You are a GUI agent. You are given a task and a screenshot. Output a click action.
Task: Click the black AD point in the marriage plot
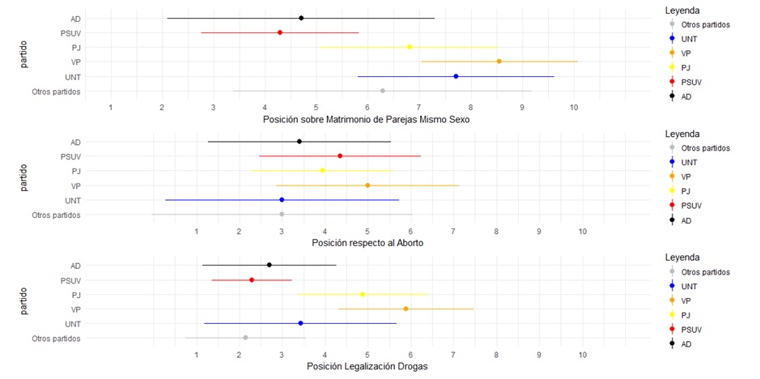pyautogui.click(x=301, y=18)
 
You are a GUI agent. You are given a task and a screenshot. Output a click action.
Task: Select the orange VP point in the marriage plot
pyautogui.click(x=499, y=62)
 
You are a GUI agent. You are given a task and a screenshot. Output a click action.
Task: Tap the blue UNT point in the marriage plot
pyautogui.click(x=456, y=76)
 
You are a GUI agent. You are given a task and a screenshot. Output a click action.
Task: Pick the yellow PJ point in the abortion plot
pyautogui.click(x=322, y=170)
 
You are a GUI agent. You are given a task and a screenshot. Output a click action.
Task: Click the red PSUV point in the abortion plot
pyautogui.click(x=340, y=155)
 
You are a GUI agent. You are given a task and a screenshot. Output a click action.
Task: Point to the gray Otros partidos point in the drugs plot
pyautogui.click(x=245, y=338)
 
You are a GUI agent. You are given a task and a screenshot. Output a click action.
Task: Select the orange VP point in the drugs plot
pyautogui.click(x=405, y=309)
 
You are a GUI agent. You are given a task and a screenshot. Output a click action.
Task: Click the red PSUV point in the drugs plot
pyautogui.click(x=252, y=280)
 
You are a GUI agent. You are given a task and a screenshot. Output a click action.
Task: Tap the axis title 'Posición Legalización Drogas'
pyautogui.click(x=367, y=366)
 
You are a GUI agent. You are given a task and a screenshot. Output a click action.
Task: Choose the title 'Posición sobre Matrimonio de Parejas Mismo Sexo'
pyautogui.click(x=367, y=119)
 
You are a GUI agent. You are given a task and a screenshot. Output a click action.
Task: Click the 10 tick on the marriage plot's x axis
pyautogui.click(x=574, y=107)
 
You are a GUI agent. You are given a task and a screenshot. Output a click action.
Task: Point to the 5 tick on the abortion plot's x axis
pyautogui.click(x=367, y=231)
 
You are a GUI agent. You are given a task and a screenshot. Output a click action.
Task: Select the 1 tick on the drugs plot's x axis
pyautogui.click(x=197, y=354)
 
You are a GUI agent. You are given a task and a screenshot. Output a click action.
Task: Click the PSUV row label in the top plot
pyautogui.click(x=70, y=33)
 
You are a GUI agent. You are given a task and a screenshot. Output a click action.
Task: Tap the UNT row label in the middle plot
pyautogui.click(x=73, y=201)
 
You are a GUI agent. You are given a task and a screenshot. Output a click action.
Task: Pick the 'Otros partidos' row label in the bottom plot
pyautogui.click(x=56, y=339)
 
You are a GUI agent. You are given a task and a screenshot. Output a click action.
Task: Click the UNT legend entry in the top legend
pyautogui.click(x=690, y=39)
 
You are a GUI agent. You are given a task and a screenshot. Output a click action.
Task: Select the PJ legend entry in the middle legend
pyautogui.click(x=687, y=192)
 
